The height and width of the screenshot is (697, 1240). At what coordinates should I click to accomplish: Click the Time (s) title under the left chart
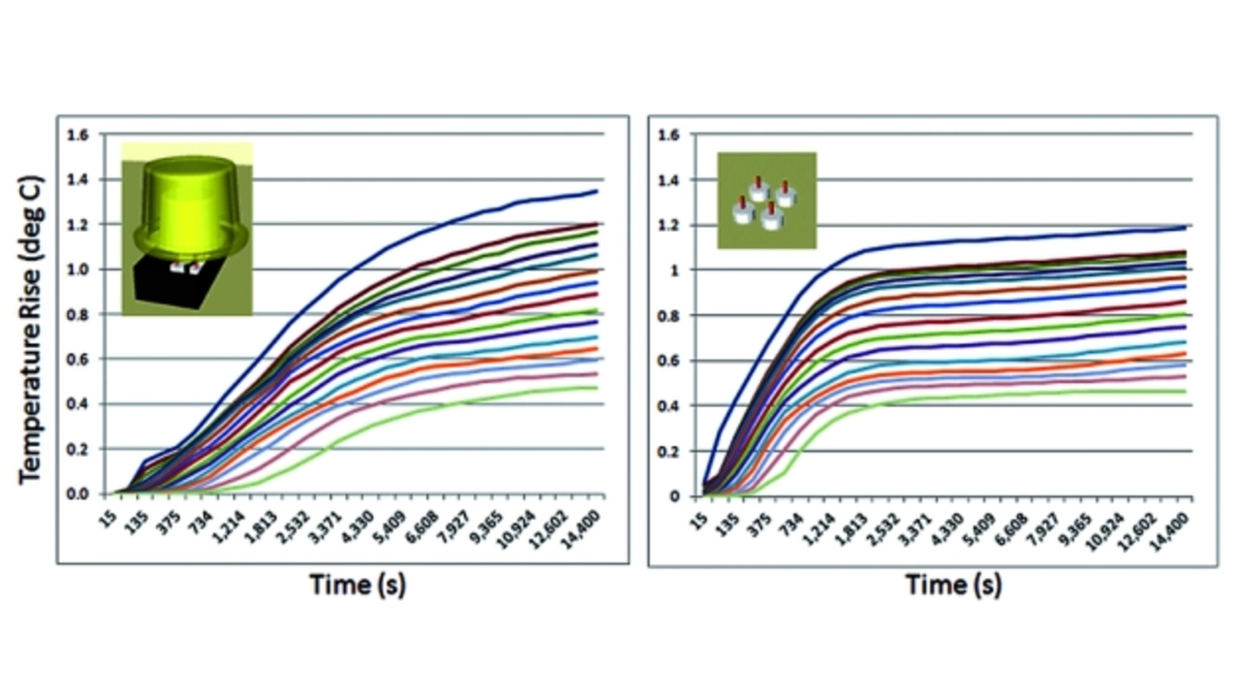[x=357, y=586]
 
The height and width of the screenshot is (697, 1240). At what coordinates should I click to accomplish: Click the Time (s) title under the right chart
[x=953, y=586]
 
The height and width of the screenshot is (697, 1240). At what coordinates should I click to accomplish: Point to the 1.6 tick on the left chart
[x=77, y=135]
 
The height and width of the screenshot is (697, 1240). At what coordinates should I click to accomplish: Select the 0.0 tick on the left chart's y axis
[x=77, y=494]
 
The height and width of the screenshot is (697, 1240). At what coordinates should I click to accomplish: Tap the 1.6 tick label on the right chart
[x=669, y=135]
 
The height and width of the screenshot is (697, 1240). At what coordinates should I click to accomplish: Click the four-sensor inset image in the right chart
[x=766, y=201]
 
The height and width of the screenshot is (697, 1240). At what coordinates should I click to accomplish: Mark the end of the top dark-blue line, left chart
[x=597, y=191]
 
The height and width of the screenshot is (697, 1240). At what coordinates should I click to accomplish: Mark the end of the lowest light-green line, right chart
[x=1186, y=392]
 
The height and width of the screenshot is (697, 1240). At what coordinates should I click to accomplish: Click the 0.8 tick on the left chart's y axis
[x=77, y=315]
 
